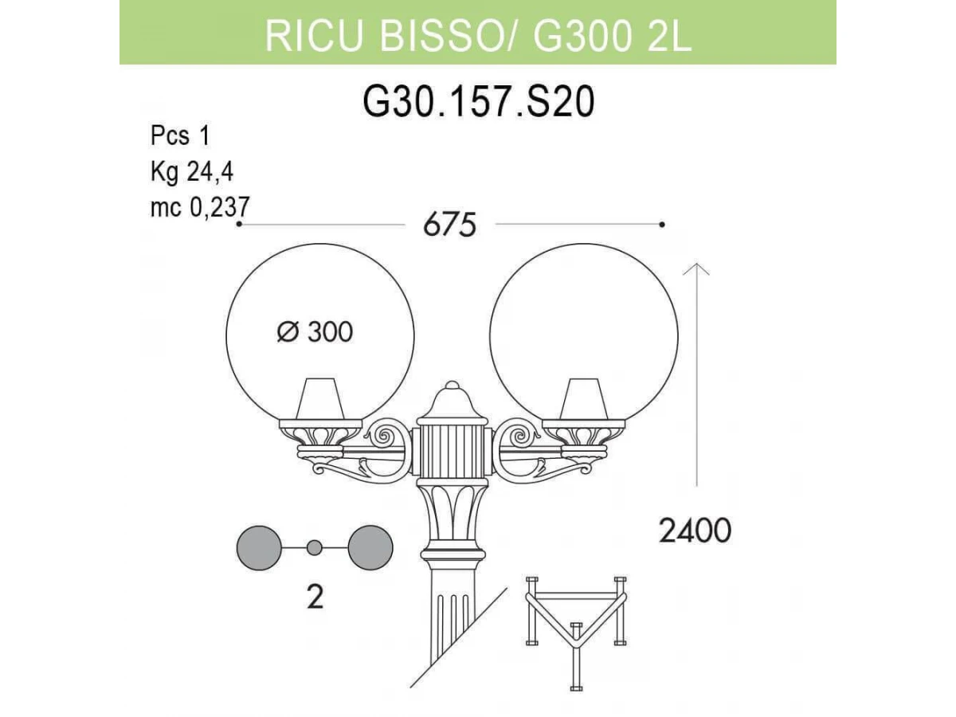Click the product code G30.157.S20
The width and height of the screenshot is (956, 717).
[478, 102]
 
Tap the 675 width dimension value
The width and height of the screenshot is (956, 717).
[449, 225]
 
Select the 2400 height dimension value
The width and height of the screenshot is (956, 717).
[695, 531]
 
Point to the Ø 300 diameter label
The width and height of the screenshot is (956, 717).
[315, 332]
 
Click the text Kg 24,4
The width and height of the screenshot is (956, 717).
[192, 172]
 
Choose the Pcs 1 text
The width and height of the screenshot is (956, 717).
[180, 135]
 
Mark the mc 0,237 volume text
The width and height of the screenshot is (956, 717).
[200, 207]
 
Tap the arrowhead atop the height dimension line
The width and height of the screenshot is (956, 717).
[696, 269]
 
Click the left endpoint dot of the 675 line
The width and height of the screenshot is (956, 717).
[239, 224]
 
